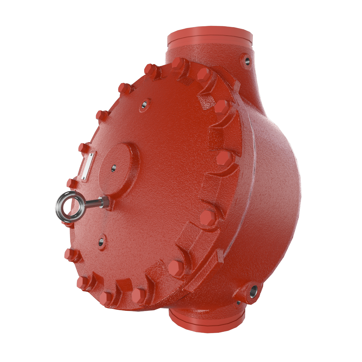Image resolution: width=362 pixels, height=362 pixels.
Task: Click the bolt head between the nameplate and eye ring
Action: point(71,183)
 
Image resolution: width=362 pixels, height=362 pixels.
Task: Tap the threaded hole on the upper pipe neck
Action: point(247,60)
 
